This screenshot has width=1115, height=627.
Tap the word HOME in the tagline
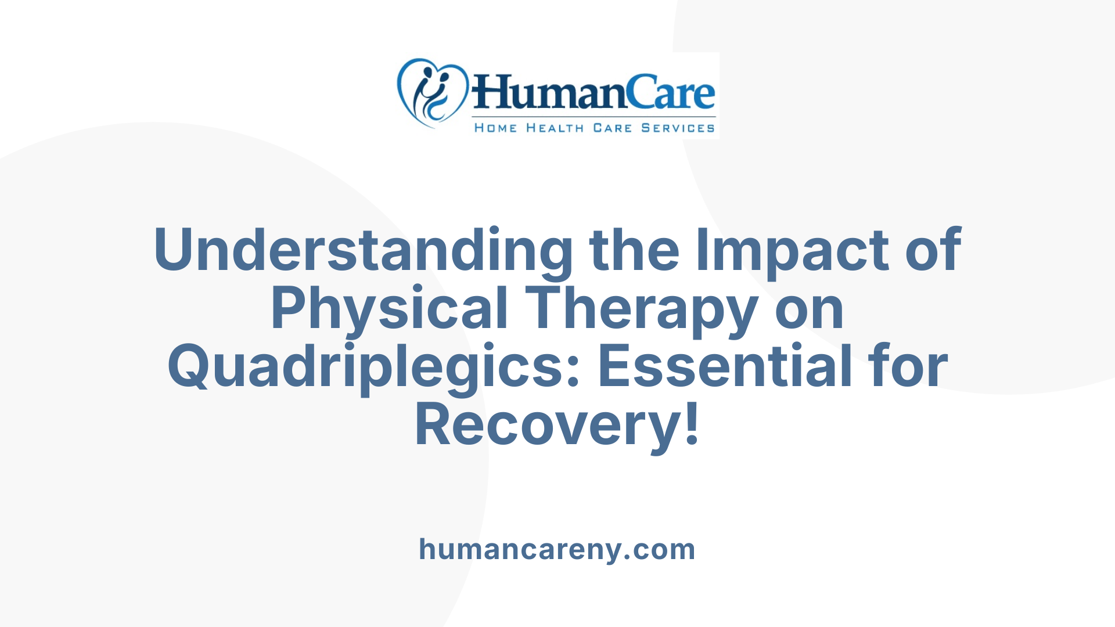495,128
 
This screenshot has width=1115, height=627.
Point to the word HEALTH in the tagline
555,128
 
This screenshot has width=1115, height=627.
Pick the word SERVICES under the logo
678,128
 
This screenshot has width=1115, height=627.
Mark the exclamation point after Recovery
692,426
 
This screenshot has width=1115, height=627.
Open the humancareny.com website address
557,549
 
